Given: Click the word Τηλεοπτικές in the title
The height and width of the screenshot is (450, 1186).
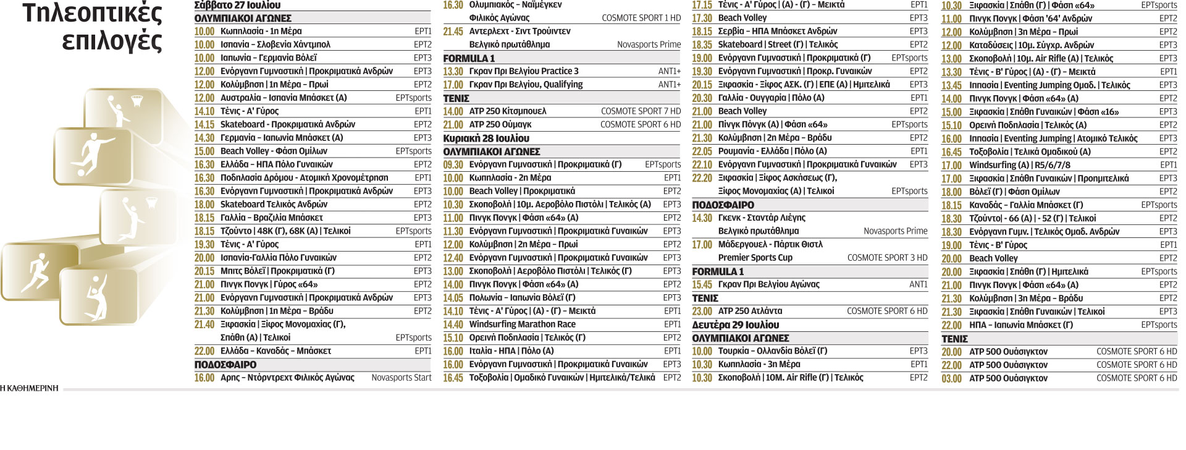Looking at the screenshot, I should point(93,14).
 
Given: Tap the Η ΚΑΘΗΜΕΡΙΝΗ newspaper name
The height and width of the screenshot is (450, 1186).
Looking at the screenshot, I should point(30,388).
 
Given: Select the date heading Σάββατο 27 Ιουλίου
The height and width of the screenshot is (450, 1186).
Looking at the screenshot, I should point(237,5).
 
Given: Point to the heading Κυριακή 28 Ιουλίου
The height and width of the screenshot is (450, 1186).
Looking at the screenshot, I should point(486,138).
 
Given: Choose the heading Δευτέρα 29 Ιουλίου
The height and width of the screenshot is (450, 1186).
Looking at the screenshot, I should point(735,325).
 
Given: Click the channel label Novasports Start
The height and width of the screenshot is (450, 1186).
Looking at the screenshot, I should point(401,378).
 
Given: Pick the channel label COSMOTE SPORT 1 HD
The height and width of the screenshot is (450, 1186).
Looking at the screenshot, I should point(641,18).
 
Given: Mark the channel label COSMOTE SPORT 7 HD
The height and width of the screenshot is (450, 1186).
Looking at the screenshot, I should point(641,111).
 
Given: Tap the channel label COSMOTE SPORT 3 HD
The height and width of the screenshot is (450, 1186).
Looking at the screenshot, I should point(887,258).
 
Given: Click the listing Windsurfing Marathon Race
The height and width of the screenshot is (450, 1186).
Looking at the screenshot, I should point(522,325).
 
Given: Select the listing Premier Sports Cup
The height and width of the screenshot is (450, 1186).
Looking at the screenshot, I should point(755,258).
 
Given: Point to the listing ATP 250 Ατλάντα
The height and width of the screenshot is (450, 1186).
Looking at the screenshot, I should point(750,311).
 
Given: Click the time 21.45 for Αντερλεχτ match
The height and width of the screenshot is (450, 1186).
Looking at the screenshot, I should point(453,32).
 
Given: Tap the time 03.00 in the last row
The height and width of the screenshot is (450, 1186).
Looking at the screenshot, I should point(951,378).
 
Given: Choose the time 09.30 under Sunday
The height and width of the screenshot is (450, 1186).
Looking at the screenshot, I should point(453,165).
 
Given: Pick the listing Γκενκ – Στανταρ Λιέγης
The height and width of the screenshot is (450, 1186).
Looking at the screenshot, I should point(761,218).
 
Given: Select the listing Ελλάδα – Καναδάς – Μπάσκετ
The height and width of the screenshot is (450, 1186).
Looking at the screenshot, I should point(275,351).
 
